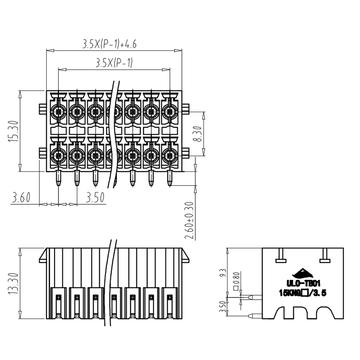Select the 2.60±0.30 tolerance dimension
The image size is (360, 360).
pos(189,220)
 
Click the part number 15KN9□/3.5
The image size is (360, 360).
pos(303,293)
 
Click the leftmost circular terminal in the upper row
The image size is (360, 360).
pos(58,111)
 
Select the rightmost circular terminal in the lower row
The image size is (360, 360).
pos(170,156)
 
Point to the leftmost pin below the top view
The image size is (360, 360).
pos(58,179)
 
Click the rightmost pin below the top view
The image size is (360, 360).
pos(170,179)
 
